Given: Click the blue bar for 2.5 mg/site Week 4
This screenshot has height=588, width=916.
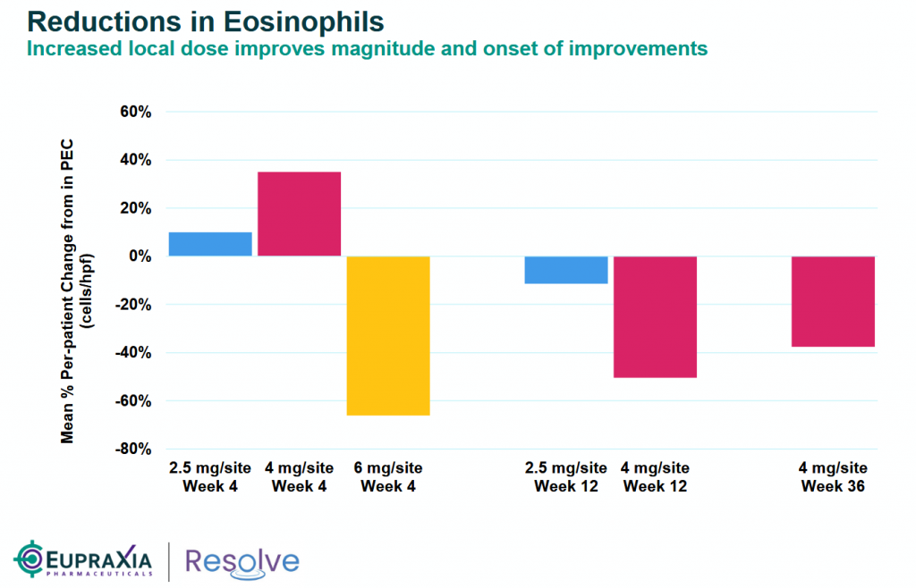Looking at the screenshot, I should [x=210, y=244].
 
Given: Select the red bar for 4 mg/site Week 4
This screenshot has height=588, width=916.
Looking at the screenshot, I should [x=299, y=214].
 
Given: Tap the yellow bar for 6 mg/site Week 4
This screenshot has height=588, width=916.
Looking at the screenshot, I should [x=387, y=335].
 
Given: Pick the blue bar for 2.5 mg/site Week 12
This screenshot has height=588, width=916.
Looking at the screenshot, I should [x=566, y=270].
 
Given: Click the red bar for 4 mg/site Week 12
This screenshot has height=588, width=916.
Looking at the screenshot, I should [x=655, y=316].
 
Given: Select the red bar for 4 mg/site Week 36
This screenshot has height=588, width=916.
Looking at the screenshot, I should [x=833, y=301].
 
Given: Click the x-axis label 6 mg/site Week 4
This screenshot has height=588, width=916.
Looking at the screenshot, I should [x=387, y=477].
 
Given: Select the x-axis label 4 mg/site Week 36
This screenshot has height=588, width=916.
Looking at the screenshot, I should [x=833, y=477].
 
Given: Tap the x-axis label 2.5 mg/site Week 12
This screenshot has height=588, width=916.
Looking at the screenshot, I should [x=565, y=477].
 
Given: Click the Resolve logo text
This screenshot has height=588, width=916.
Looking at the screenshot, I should [x=242, y=560].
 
